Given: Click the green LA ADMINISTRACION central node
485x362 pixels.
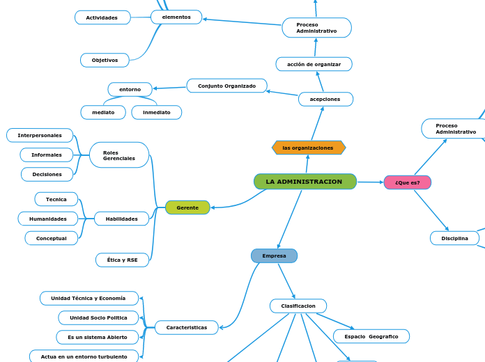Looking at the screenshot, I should point(305,182).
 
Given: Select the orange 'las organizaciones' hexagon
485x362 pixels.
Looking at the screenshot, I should point(308,148).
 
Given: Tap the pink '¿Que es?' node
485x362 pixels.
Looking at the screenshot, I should point(407,182).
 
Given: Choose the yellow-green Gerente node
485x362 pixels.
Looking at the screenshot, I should point(187,207).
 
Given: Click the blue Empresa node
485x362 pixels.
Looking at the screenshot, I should point(274,255).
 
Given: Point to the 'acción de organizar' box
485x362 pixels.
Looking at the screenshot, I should point(314,64).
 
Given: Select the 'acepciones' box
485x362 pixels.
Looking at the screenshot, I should point(325,99).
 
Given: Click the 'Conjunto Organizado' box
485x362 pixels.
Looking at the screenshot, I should point(226,86).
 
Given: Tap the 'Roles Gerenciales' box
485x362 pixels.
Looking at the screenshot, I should point(119,155).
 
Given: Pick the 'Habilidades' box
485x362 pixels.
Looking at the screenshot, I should point(121,219).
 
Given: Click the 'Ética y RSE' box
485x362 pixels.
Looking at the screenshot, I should point(122,260).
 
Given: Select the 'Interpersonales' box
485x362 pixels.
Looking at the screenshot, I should point(40,135).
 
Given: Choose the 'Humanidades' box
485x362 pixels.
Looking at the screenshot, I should point(48,219).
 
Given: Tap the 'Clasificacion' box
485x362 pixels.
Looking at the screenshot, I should point(298,306).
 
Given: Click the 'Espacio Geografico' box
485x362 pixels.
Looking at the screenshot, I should point(371,336).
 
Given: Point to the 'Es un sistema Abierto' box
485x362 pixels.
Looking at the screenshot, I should point(98,337).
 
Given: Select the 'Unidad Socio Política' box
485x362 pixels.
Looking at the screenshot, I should point(98,317).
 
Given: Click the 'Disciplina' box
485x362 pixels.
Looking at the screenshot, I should point(454,238).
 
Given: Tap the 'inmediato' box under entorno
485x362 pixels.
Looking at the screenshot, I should point(157,112).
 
